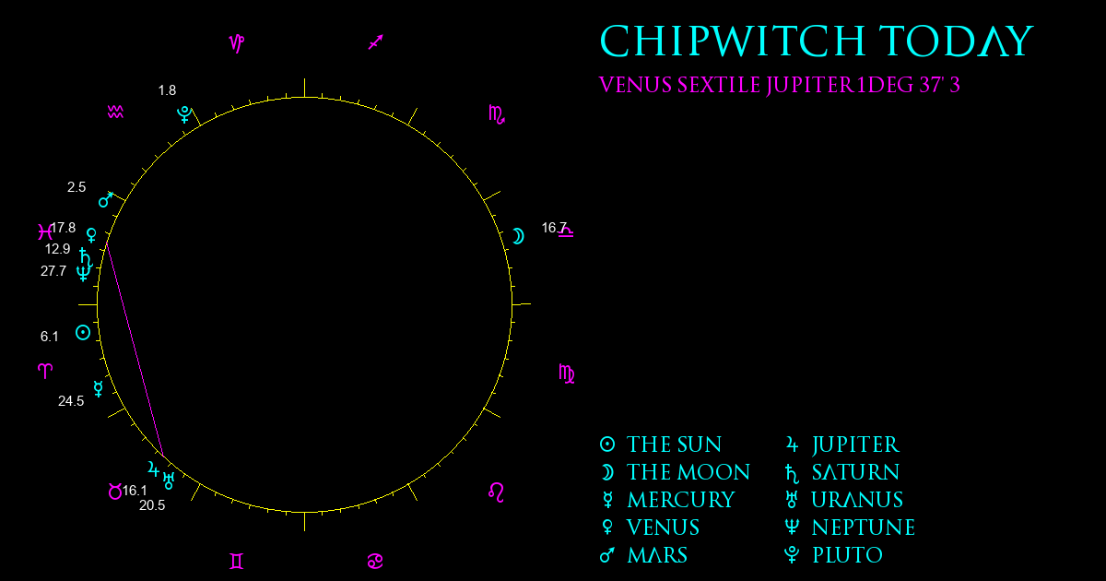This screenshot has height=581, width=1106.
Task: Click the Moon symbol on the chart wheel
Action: [518, 237]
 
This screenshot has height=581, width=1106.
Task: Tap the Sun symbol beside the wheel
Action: [83, 333]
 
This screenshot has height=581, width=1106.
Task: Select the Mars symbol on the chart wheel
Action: [106, 199]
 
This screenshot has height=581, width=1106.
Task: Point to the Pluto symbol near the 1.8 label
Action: [184, 114]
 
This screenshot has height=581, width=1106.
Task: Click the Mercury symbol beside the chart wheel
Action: [99, 389]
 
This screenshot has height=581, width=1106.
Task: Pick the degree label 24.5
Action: [71, 400]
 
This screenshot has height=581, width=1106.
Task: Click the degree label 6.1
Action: [50, 337]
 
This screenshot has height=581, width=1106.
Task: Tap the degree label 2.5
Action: [76, 187]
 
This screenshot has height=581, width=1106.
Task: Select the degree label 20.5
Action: [152, 505]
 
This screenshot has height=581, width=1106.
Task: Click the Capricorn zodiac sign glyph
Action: [237, 43]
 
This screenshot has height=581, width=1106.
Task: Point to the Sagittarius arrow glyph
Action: [376, 42]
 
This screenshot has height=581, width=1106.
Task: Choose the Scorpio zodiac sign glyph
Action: [497, 114]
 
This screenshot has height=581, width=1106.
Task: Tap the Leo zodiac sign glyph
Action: [496, 492]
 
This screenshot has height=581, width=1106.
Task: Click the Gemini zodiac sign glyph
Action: [237, 562]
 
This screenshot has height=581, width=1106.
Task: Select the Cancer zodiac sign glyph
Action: [375, 562]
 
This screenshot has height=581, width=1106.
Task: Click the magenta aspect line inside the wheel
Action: [135, 349]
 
